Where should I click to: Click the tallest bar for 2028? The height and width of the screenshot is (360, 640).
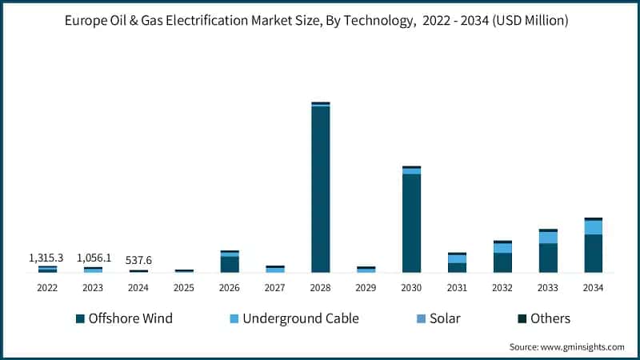320,188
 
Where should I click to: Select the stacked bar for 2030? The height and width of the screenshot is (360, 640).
411,221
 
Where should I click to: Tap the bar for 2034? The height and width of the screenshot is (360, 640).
593,246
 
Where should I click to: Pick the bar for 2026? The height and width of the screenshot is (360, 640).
230,262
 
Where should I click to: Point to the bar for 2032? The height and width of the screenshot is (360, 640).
502,258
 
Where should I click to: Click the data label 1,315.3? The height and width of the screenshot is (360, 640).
46,258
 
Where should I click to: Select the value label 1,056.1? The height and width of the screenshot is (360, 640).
94,258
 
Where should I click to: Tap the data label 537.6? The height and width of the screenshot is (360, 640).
138,260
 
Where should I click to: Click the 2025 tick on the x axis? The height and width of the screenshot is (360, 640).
184,287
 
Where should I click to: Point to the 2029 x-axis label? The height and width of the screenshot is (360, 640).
366,287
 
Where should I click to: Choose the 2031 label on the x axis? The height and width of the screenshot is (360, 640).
457,287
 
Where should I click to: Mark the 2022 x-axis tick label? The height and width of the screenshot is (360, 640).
47,287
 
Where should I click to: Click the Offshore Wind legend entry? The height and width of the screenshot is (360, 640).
124,318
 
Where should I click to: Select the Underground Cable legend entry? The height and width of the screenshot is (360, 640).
294,318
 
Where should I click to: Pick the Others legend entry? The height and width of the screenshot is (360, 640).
544,318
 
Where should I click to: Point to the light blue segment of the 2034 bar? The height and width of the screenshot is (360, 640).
593,227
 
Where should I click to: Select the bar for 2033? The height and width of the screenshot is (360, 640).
548,252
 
